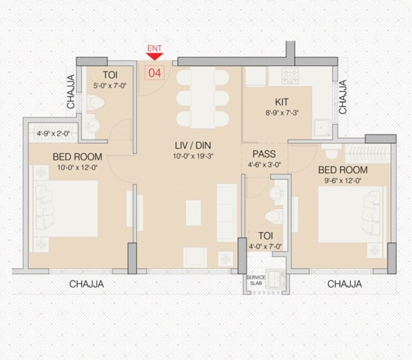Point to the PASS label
coord(264,154)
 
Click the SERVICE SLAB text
coord(255,279)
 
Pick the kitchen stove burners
coord(291,75)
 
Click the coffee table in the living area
coord(194,212)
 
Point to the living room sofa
coord(226,212)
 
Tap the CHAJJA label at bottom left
coord(86,284)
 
